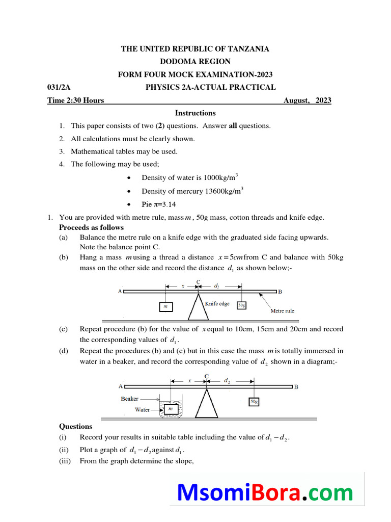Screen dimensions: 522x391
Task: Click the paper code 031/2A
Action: coord(56,87)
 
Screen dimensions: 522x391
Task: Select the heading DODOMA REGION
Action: coord(195,62)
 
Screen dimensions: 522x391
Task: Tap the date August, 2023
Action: coord(307,100)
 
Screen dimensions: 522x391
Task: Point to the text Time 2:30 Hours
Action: coord(76,100)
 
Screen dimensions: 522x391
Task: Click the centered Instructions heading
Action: coord(195,113)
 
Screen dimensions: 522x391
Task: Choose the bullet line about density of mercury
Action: coord(192,191)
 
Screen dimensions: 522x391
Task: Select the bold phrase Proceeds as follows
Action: coord(92,227)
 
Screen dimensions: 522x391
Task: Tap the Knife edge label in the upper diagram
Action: coord(217,303)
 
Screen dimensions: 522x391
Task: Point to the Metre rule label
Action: coord(282,310)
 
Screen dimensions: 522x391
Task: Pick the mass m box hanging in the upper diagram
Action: coord(165,306)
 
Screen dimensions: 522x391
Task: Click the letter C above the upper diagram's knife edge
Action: coord(198,282)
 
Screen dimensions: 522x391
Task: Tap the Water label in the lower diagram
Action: coord(142,409)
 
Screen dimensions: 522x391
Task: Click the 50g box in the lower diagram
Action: coord(253,401)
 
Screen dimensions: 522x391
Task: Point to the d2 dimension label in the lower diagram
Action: coord(228,380)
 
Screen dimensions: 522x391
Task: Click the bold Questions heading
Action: coord(76,427)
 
